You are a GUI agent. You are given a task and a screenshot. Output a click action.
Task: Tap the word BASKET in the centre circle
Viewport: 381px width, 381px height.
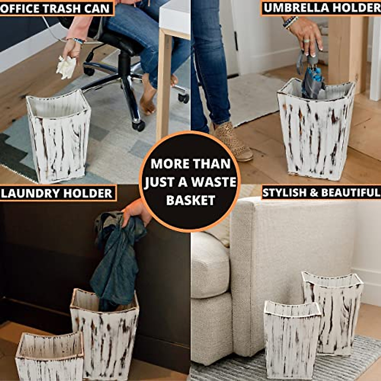(x=191, y=200)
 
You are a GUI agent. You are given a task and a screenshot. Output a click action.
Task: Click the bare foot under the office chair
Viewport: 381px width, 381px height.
(x=148, y=102)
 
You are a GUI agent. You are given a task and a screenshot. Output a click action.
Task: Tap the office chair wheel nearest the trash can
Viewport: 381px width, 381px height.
(x=139, y=125)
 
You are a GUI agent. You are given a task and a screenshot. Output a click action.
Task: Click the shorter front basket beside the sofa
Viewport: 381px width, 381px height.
(x=291, y=340)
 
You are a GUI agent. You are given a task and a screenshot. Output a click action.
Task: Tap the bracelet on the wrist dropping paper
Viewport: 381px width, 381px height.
(x=78, y=41)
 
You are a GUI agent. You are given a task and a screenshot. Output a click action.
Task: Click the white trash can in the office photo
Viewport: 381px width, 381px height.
(x=59, y=137)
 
